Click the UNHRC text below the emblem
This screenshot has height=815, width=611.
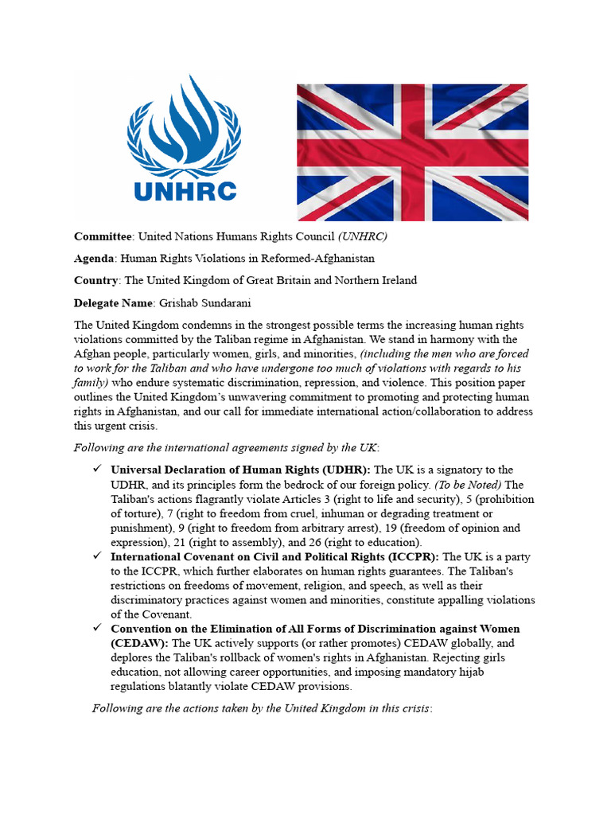[x=185, y=191]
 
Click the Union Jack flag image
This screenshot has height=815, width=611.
[x=413, y=151]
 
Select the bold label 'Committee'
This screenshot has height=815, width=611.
[x=103, y=236]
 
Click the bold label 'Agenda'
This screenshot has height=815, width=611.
[x=95, y=259]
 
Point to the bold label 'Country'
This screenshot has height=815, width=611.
[x=96, y=280]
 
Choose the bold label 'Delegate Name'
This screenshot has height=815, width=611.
[x=115, y=302]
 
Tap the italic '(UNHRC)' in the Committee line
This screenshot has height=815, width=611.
[x=363, y=236]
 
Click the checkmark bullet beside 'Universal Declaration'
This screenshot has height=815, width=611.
[x=97, y=470]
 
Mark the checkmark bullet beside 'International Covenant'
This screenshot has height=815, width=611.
[x=97, y=556]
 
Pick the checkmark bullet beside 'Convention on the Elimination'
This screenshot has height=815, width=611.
[x=97, y=629]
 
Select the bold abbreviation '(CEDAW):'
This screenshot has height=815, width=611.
[x=139, y=643]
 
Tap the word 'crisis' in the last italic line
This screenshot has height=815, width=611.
[x=414, y=708]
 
